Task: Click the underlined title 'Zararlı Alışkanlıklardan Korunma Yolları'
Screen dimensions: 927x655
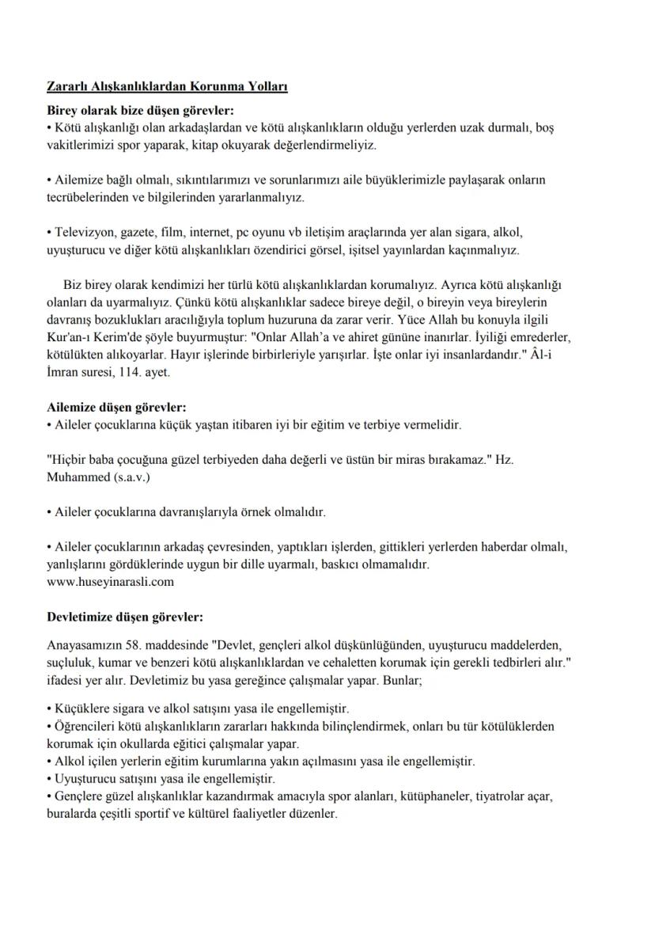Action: coord(166,86)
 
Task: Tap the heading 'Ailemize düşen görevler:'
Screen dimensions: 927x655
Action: coord(116,408)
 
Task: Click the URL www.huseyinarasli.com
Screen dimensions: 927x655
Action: coord(110,581)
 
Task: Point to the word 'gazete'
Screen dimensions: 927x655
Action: coord(137,233)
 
